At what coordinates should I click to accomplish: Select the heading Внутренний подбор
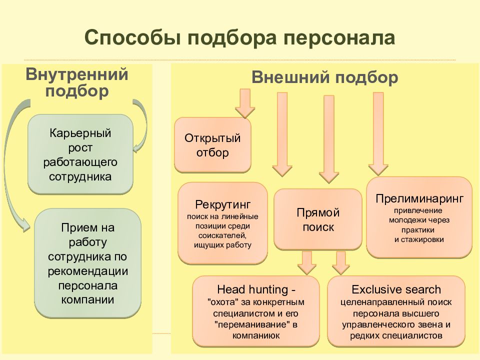point(77,82)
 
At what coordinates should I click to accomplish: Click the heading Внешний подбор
point(325,77)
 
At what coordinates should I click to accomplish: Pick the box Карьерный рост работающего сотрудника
point(80,154)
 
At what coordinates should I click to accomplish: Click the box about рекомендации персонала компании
point(88,263)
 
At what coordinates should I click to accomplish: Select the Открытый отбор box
point(213,145)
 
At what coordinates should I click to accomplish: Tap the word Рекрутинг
point(223,204)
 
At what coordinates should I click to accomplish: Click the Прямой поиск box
point(318,219)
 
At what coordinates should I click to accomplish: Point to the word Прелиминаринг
point(419,198)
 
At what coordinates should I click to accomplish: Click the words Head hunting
point(252,289)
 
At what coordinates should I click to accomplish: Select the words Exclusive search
point(396,289)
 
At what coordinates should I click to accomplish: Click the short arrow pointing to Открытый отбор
point(245,103)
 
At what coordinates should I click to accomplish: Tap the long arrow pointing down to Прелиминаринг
point(378,134)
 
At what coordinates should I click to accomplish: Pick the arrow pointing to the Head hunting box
point(306,262)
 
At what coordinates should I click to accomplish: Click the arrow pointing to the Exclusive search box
point(340,262)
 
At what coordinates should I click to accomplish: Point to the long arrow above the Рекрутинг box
point(282,134)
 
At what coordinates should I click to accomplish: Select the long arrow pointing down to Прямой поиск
point(329,139)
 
